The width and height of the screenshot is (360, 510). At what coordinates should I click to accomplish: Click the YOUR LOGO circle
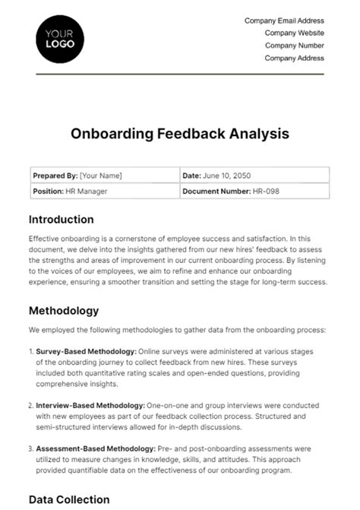[x=61, y=38]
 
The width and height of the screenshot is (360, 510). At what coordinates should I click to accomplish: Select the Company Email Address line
[x=284, y=21]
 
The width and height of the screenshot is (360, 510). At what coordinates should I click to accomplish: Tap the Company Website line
[x=294, y=33]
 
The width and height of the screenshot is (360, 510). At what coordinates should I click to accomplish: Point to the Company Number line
[x=294, y=45]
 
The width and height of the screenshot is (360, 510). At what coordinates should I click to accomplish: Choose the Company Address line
[x=294, y=58]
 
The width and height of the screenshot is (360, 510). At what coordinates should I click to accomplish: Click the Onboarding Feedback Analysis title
[x=180, y=134]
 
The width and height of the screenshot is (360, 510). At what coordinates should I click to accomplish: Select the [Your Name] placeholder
[x=101, y=176]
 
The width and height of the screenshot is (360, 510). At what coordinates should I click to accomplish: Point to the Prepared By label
[x=54, y=176]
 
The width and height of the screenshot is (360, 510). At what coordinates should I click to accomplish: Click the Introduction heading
[x=61, y=220]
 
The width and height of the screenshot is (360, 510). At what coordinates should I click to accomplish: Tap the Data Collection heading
[x=69, y=499]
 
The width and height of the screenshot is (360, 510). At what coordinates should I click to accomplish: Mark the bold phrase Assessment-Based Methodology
[x=95, y=449]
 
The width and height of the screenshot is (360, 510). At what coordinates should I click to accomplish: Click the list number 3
[x=30, y=449]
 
